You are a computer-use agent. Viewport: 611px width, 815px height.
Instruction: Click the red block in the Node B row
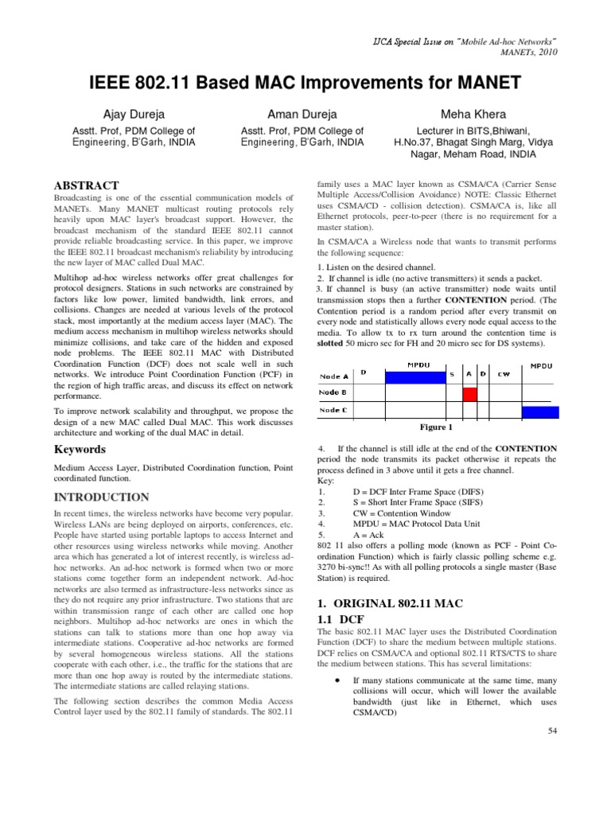point(469,392)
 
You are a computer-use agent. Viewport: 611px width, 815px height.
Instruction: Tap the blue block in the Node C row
point(540,411)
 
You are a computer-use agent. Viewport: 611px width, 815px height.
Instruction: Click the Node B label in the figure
point(333,392)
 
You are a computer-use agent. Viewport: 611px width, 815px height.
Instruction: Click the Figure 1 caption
point(435,427)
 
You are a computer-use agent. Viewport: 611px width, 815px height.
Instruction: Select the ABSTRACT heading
point(86,185)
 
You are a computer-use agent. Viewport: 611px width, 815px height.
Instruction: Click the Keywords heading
point(80,450)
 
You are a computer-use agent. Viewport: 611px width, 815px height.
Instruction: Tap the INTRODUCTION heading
point(100,497)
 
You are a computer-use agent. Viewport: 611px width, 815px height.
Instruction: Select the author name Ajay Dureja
point(123,114)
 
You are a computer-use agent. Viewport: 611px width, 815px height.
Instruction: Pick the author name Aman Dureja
point(302,114)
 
